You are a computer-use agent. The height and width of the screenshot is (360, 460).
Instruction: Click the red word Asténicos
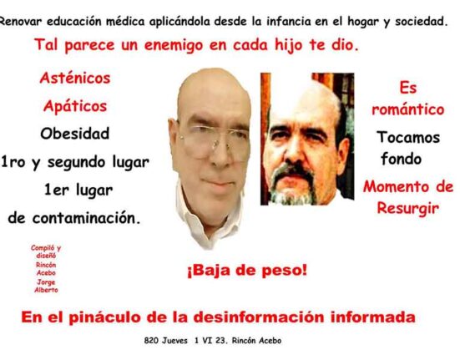pos(75,78)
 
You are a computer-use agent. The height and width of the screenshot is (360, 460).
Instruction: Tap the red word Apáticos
pos(75,106)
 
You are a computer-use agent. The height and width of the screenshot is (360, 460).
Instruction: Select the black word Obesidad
pos(75,134)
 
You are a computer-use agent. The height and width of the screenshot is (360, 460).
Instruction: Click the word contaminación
pos(87,218)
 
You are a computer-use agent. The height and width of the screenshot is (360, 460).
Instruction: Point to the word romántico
pos(407,109)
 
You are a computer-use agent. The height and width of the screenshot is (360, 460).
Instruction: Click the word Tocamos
pos(408,137)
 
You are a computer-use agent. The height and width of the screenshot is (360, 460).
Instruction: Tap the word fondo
pos(401,159)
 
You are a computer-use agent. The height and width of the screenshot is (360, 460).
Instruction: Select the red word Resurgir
pos(407,209)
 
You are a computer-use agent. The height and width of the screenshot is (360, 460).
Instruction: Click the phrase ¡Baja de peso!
pos(247,271)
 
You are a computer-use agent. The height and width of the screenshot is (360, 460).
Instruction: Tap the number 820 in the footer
pos(151,341)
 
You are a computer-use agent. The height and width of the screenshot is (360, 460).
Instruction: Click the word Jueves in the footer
pos(174,341)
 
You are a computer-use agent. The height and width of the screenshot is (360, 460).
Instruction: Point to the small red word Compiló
pos(43,248)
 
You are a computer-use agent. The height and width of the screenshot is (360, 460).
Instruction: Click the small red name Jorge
pos(46,282)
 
